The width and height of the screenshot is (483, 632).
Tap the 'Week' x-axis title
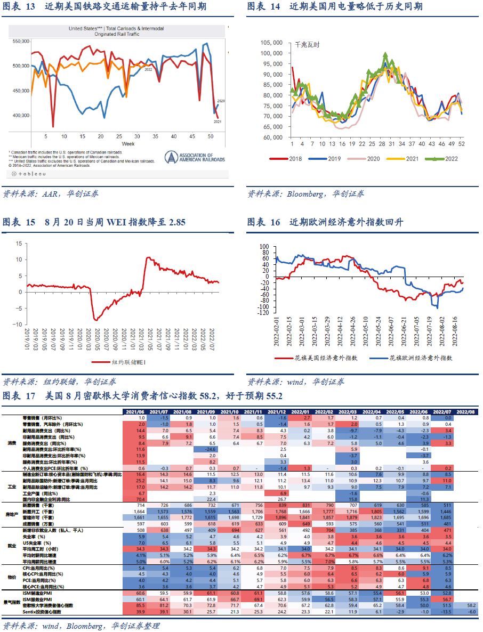[128, 144]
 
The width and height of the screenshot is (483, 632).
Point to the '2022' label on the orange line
[148, 70]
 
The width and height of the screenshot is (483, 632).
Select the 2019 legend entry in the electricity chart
[330, 158]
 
